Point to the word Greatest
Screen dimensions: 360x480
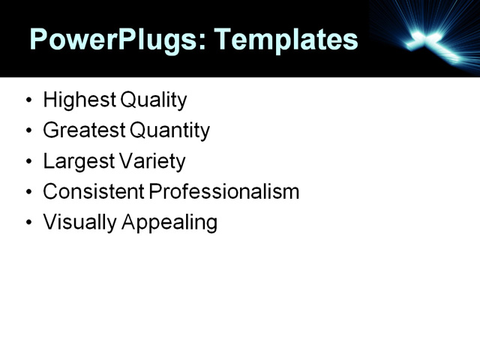84,130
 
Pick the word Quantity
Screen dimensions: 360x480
169,130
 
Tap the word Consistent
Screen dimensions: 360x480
94,192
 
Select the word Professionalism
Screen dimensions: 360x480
224,192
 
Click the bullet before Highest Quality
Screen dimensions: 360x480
28,100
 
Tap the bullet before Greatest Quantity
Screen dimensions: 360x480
28,131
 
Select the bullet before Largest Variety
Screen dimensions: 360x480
28,162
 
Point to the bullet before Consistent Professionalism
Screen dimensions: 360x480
28,193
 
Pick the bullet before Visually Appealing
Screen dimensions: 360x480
28,223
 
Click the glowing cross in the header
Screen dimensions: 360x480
431,41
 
